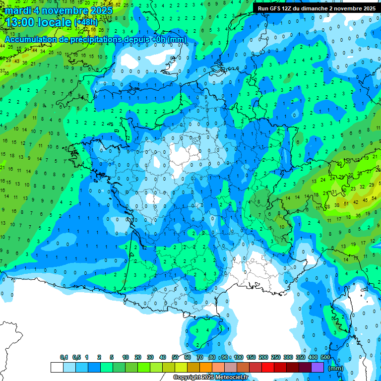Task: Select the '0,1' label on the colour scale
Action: pos(63,358)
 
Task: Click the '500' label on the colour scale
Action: pos(325,358)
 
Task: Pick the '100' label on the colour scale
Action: pos(238,358)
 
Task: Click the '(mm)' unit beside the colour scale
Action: pos(336,368)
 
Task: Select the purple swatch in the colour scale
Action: pos(317,367)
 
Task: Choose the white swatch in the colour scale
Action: pos(57,367)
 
